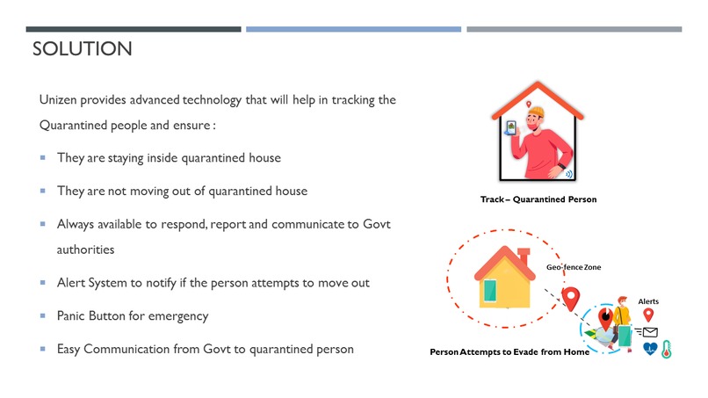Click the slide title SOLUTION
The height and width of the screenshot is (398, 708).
coord(82,49)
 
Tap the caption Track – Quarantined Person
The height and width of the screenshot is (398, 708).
coord(538,199)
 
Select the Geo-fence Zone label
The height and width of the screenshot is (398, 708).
coord(574,266)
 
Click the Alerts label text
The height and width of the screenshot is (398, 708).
coord(647,301)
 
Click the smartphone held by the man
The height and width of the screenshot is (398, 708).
coord(510,133)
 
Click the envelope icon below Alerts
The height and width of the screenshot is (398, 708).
coord(650,332)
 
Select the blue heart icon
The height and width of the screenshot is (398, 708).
coord(650,349)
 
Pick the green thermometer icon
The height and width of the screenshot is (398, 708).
coord(668,349)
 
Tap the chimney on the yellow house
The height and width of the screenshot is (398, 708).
coord(524,256)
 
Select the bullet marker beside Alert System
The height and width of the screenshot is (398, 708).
coord(43,283)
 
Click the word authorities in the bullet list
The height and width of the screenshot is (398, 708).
coord(85,250)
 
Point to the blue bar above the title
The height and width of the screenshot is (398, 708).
coord(353,29)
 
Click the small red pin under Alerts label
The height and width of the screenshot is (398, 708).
coord(648,315)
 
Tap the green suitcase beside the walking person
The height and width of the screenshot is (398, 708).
coord(625,334)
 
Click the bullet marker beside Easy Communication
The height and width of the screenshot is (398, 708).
coord(43,349)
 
